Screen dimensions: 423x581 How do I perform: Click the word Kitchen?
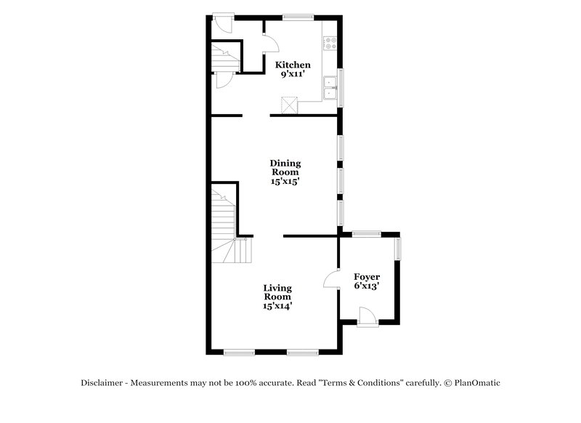pyautogui.click(x=292, y=65)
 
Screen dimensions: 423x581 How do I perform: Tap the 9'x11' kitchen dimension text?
pyautogui.click(x=292, y=75)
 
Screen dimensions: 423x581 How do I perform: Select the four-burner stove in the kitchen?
pyautogui.click(x=330, y=44)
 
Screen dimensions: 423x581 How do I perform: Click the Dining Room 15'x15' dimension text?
pyautogui.click(x=285, y=182)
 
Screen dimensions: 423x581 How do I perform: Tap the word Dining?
pyautogui.click(x=285, y=164)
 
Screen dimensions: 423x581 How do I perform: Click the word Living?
pyautogui.click(x=277, y=288)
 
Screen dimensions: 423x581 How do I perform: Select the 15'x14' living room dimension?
pyautogui.click(x=277, y=307)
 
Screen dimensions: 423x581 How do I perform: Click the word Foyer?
pyautogui.click(x=366, y=277)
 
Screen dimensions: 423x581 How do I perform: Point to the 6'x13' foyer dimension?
pyautogui.click(x=366, y=286)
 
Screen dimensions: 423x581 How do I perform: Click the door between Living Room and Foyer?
pyautogui.click(x=331, y=279)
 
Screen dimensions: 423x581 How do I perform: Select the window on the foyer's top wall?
pyautogui.click(x=367, y=233)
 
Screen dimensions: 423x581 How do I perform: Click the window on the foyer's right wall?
pyautogui.click(x=397, y=249)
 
